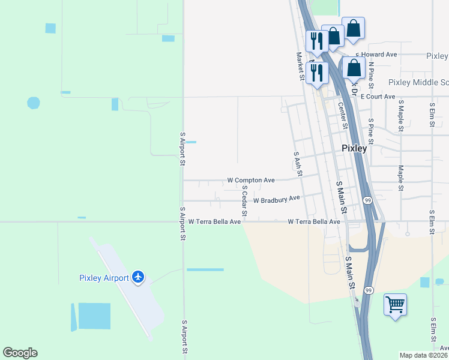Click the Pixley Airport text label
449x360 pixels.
tap(104, 278)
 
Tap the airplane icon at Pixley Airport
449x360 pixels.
tap(139, 277)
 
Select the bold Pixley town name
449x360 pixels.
tap(354, 148)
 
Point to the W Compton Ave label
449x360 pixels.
tap(251, 180)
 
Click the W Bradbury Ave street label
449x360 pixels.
tap(276, 199)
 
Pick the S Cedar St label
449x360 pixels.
tap(244, 200)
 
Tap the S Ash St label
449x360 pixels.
tap(297, 163)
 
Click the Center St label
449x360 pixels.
tap(342, 116)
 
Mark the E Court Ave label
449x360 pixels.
tap(378, 97)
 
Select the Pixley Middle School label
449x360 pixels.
tap(418, 82)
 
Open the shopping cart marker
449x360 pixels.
tap(395, 305)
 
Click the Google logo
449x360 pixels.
tap(20, 353)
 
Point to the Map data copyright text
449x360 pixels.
tap(424, 355)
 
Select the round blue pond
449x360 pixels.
tap(34, 103)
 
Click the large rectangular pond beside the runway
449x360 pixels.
tap(94, 316)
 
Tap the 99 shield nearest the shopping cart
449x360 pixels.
tap(369, 290)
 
